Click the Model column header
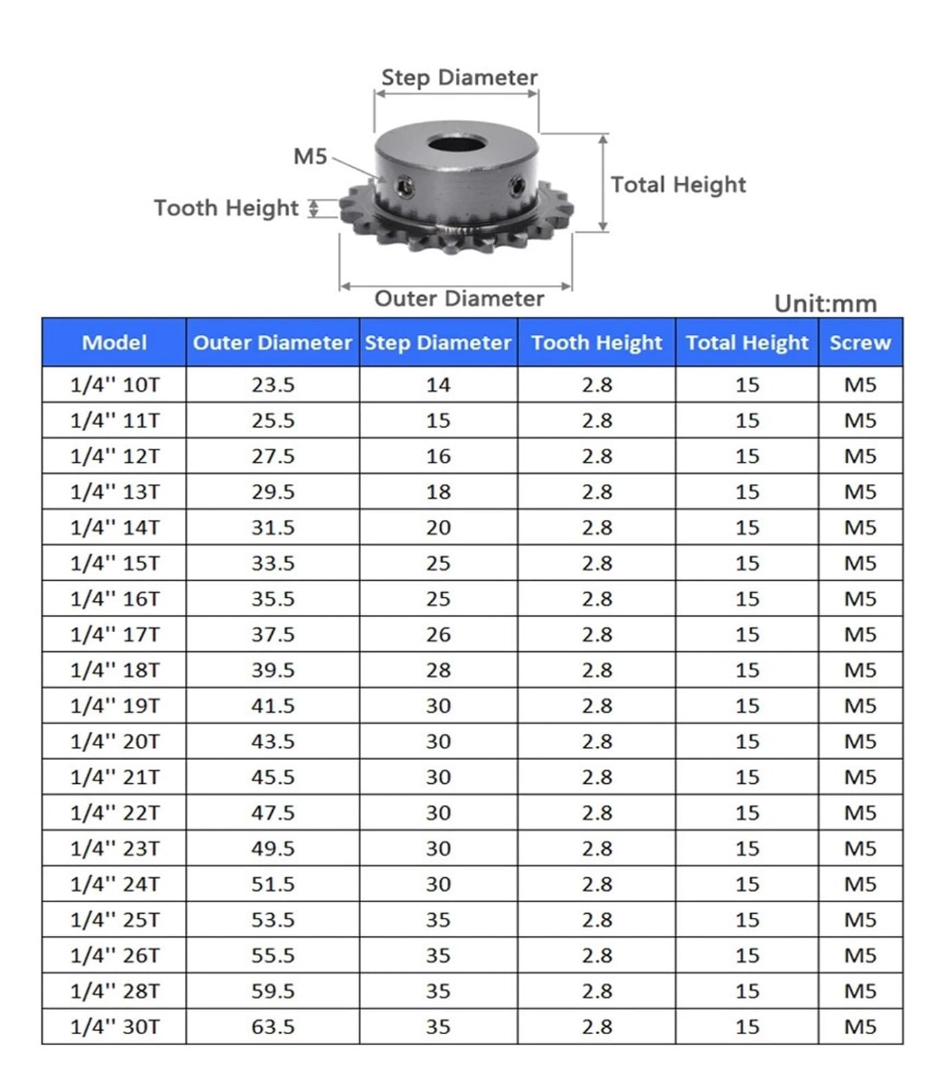(x=114, y=342)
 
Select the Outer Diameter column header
(x=272, y=342)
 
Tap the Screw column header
(x=860, y=342)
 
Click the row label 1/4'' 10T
(x=114, y=385)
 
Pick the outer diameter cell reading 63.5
(x=273, y=1027)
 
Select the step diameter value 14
(x=438, y=385)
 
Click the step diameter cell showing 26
(x=438, y=635)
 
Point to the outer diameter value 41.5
(x=273, y=706)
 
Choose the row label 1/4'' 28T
(x=114, y=991)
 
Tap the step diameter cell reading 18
(x=438, y=492)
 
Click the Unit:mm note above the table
(x=825, y=303)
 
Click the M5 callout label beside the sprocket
(x=310, y=156)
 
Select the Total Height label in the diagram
(x=678, y=184)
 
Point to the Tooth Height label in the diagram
(x=225, y=208)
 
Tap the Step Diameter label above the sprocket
(x=459, y=77)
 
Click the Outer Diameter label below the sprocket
(x=459, y=299)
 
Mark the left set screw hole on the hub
(x=405, y=185)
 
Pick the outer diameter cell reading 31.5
(x=273, y=527)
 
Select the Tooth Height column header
(x=596, y=342)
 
